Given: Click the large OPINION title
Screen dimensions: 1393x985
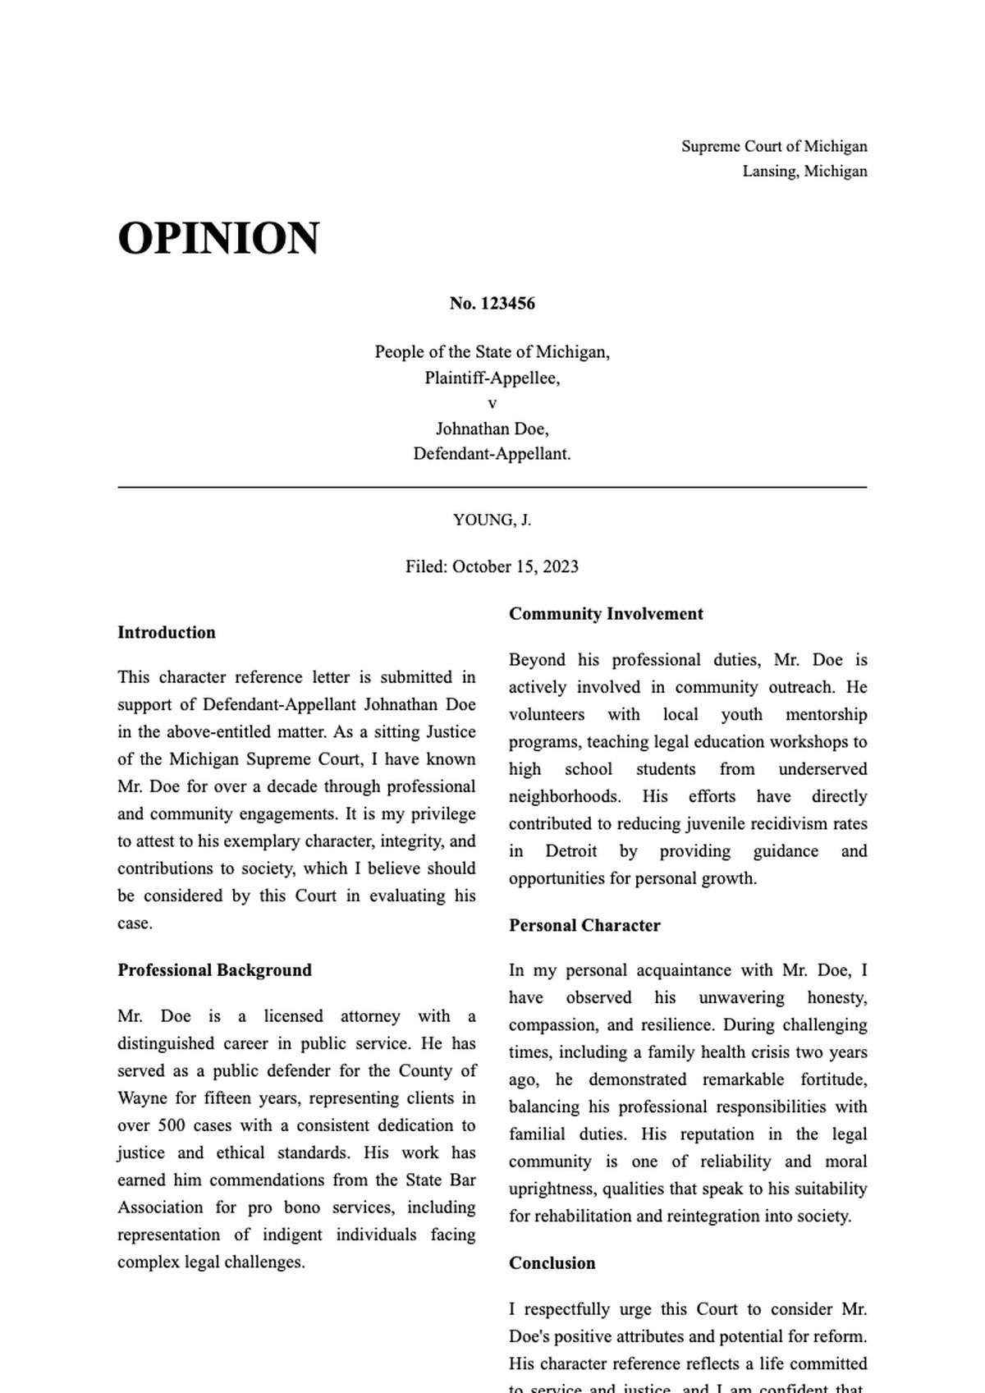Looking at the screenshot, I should click(218, 239).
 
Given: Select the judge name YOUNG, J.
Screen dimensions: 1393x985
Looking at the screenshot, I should click(492, 520).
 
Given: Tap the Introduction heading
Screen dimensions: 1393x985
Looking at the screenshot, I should click(167, 632).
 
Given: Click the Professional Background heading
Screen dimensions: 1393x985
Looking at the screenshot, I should click(214, 970).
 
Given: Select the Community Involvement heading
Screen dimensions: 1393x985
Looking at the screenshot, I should click(606, 614).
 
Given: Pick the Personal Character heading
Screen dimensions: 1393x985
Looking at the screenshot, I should click(584, 925).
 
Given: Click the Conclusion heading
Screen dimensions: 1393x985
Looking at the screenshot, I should click(552, 1263).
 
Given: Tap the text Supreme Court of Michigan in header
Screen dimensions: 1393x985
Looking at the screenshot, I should click(774, 146).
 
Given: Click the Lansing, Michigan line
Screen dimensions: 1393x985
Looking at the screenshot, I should click(804, 171).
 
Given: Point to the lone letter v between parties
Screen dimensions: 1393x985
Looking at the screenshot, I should click(492, 404).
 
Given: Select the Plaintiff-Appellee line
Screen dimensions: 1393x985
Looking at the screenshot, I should click(492, 378).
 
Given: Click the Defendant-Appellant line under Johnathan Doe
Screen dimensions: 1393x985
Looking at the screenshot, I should click(492, 453).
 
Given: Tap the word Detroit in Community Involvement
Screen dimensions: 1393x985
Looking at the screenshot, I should click(570, 851).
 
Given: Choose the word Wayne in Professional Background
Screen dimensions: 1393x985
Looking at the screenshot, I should click(142, 1098).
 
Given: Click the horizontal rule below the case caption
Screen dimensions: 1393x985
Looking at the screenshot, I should click(492, 488).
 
